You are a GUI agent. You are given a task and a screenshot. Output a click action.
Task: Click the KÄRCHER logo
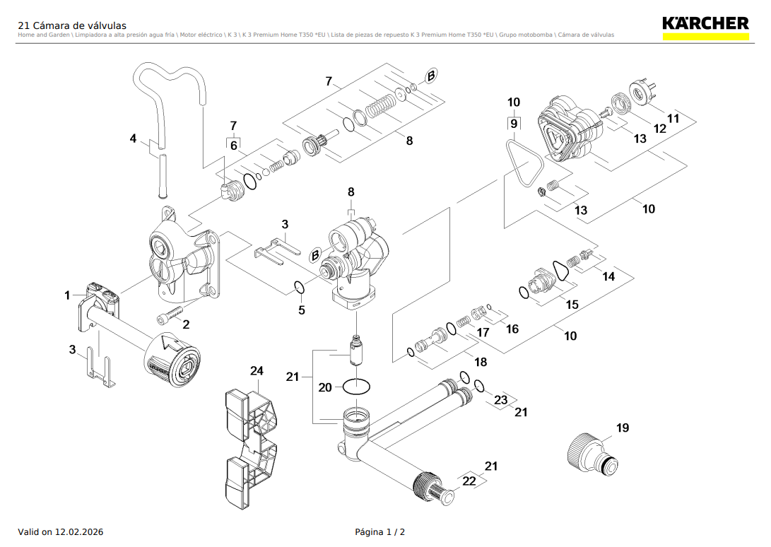705,23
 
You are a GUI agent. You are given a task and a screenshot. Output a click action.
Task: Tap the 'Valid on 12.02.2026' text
60,531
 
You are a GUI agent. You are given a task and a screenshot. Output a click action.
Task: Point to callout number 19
622,428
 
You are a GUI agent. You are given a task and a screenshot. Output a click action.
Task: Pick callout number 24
257,371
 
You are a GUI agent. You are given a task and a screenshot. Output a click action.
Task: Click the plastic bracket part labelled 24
251,445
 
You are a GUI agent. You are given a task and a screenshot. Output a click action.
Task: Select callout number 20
325,387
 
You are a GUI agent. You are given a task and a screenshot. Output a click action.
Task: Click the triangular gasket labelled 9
524,164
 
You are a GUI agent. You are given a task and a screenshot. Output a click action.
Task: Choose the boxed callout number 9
514,124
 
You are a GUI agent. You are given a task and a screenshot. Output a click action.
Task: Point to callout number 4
133,139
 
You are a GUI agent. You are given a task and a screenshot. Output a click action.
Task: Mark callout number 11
673,119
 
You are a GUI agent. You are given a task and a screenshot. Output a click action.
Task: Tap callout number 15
572,305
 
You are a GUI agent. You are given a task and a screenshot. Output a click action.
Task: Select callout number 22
469,481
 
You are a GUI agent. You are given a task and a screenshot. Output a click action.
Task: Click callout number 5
302,310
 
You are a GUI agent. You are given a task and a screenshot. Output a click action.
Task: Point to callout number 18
481,362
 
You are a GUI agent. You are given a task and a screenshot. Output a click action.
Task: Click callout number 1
68,295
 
